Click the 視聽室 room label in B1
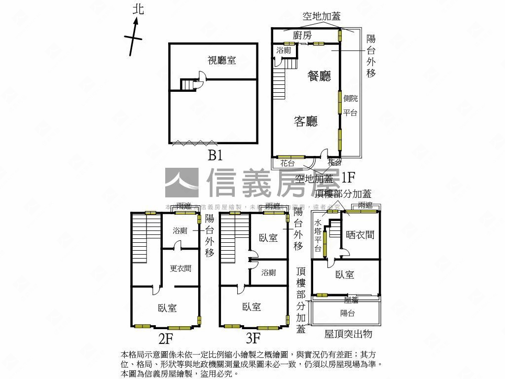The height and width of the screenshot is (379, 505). pyautogui.click(x=221, y=60)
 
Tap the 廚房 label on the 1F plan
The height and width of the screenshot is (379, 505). pyautogui.click(x=302, y=35)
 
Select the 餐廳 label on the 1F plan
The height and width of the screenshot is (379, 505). pyautogui.click(x=319, y=76)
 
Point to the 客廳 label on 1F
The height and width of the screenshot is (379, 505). pyautogui.click(x=306, y=121)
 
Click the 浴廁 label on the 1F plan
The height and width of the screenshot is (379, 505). pyautogui.click(x=284, y=50)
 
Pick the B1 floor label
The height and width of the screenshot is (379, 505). pyautogui.click(x=215, y=156)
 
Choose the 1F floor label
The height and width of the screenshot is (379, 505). pyautogui.click(x=348, y=177)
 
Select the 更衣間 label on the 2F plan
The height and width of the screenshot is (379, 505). pyautogui.click(x=180, y=268)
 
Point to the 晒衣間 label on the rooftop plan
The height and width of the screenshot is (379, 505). pyautogui.click(x=360, y=235)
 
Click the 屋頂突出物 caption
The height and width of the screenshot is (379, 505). pyautogui.click(x=348, y=334)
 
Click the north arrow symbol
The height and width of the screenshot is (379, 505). pyautogui.click(x=134, y=38)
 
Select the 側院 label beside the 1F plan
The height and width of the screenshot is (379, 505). pyautogui.click(x=351, y=99)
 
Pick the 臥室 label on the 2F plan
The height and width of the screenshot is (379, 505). pyautogui.click(x=167, y=308)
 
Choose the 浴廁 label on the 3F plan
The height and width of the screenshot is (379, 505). pyautogui.click(x=269, y=272)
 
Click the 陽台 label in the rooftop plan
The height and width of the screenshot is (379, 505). pyautogui.click(x=348, y=313)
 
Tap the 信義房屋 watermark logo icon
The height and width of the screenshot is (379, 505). pyautogui.click(x=181, y=183)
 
